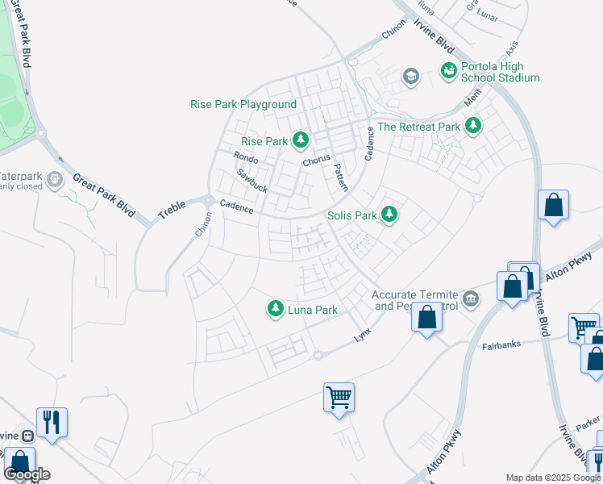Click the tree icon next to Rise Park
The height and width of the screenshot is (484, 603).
tap(301, 141)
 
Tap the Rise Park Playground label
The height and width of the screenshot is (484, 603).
tap(243, 105)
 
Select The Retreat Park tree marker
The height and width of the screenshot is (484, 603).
tap(472, 127)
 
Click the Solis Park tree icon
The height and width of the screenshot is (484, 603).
tap(390, 215)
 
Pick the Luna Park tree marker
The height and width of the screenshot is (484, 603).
tap(276, 309)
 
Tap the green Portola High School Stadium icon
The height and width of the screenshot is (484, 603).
tap(448, 72)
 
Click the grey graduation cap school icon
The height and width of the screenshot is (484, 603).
tap(410, 77)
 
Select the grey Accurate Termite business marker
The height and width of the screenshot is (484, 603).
tap(471, 300)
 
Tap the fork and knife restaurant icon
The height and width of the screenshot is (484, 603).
tap(52, 422)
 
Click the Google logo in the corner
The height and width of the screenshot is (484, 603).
tap(27, 474)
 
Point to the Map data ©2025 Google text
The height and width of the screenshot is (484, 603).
tap(552, 478)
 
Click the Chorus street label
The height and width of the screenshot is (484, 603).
tap(317, 161)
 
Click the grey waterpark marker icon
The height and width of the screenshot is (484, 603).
tap(55, 178)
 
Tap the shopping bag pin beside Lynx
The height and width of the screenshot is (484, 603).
tap(426, 316)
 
